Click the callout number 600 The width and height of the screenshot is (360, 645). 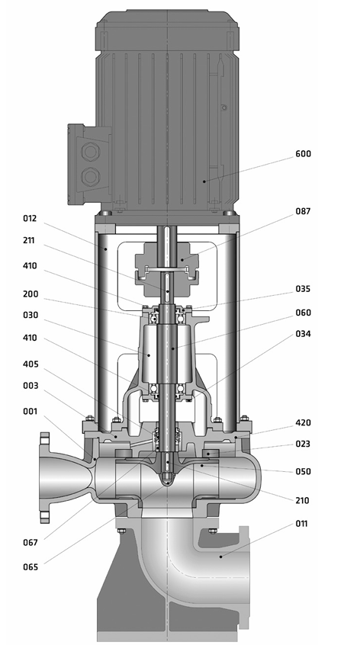304,154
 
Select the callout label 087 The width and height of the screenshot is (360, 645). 304,211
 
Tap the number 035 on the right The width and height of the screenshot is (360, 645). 304,289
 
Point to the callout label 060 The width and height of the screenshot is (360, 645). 304,313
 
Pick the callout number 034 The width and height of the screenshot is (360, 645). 304,334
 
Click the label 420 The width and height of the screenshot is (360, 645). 304,422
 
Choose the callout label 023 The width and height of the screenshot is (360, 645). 304,444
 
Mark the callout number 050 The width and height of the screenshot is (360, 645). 304,471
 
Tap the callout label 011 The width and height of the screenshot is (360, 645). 301,524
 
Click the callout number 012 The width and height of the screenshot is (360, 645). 30,218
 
